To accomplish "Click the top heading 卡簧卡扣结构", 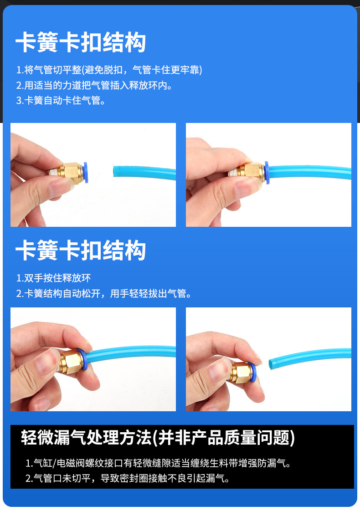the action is click(81, 42).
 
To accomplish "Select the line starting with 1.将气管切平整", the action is click(109, 70).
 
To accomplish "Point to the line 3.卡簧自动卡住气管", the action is click(61, 100).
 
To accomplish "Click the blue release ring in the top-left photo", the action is click(86, 173).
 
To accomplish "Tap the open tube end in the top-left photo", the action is click(115, 171).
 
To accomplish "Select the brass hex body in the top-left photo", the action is click(73, 173).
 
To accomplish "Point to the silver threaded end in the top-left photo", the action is click(55, 171).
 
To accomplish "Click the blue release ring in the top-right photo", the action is click(267, 173).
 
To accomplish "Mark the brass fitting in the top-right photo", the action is click(251, 172).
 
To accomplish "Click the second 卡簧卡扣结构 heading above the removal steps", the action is click(81, 250).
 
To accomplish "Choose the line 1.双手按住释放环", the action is click(53, 278).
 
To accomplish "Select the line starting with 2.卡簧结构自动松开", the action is click(104, 294).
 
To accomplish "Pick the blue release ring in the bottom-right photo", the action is click(252, 372).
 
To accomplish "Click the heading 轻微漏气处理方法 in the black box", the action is click(87, 437).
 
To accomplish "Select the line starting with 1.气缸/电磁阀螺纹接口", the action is click(158, 463).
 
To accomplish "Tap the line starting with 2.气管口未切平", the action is click(128, 478).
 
